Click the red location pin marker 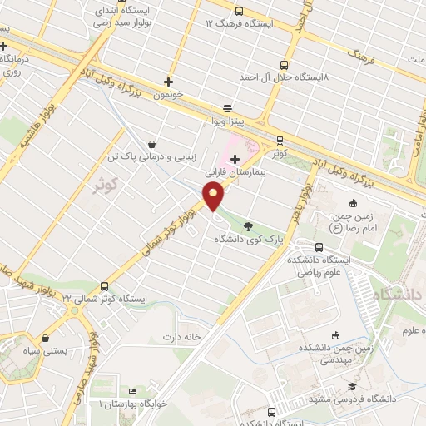click(214, 196)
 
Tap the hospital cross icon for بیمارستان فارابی click(235, 159)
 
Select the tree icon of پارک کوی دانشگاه click(248, 225)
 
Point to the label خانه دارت click(182, 337)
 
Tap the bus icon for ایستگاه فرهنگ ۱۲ click(240, 12)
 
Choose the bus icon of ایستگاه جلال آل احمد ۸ click(285, 64)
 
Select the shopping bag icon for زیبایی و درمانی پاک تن click(150, 143)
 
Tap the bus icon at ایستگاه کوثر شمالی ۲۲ click(104, 285)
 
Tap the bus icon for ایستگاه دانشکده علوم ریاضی click(319, 247)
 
